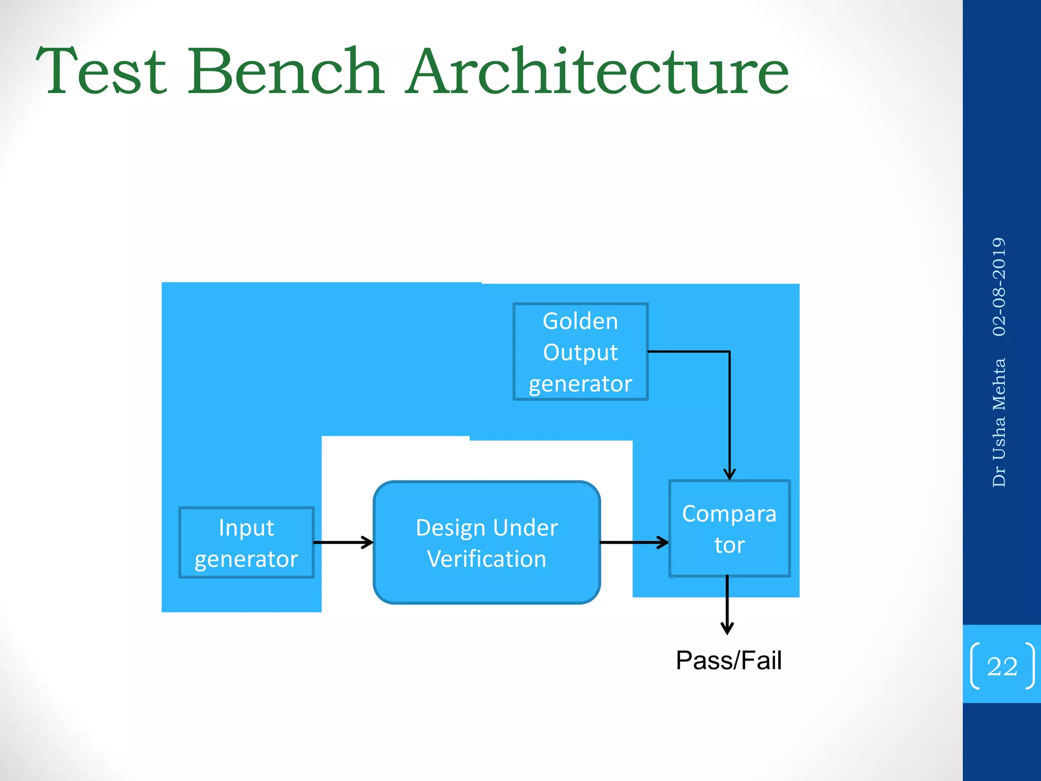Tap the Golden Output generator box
click(x=580, y=352)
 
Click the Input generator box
click(x=247, y=543)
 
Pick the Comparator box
click(x=729, y=529)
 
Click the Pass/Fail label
click(x=728, y=660)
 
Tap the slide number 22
click(x=1002, y=666)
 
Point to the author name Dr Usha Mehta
click(x=999, y=422)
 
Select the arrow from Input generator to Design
click(x=343, y=543)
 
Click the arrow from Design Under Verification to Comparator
click(x=633, y=543)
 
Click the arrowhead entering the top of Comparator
click(x=729, y=475)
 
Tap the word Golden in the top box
click(x=580, y=321)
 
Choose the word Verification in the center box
click(x=486, y=559)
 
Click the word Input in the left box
click(x=247, y=527)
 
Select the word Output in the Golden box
click(x=580, y=352)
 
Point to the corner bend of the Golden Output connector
click(x=729, y=351)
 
